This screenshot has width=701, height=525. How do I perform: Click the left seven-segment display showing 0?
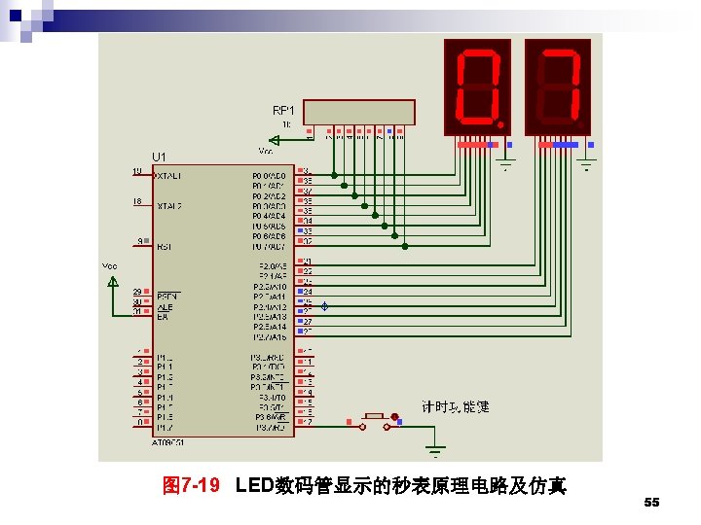(476, 87)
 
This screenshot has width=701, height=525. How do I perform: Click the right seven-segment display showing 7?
(558, 87)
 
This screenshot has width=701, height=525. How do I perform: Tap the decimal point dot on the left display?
(500, 125)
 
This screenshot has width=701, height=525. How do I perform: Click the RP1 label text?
(283, 110)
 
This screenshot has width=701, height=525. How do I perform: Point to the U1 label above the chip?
(159, 157)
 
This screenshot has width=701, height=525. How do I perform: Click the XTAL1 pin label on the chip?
(169, 176)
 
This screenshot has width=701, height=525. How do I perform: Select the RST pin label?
(164, 247)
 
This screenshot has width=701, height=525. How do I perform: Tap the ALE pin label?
(165, 308)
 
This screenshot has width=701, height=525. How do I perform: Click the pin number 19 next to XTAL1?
(136, 171)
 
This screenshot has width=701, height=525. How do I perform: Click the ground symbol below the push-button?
(435, 448)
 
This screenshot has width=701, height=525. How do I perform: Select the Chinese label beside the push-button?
(456, 406)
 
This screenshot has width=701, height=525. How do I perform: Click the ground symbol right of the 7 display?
(587, 163)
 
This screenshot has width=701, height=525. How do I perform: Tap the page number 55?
(652, 503)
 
